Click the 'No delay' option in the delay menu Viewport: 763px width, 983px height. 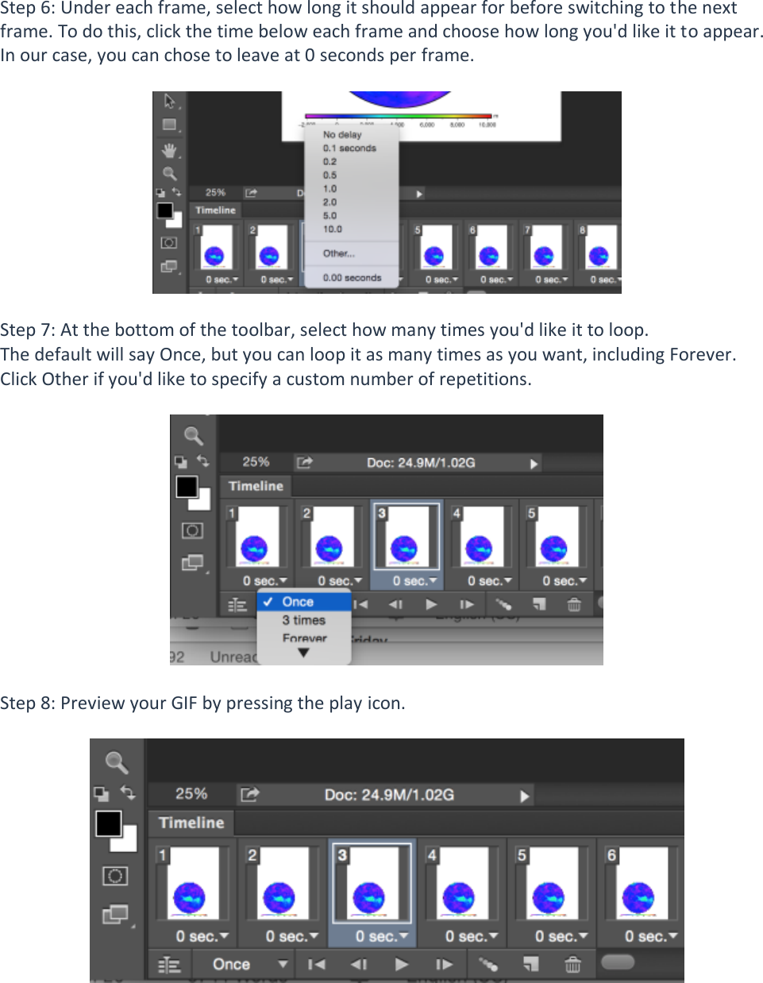coord(342,135)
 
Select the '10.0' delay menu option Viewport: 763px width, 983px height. coord(332,229)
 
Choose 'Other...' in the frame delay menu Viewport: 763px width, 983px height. coord(338,254)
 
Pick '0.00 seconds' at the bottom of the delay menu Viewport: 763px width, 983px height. coord(352,278)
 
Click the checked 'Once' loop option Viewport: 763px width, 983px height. coord(298,602)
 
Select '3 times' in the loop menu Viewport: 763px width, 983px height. coord(303,620)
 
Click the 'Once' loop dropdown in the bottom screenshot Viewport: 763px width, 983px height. coord(248,964)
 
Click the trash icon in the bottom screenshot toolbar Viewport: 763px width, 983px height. coord(572,964)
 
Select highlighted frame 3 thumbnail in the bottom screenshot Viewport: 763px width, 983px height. coord(370,883)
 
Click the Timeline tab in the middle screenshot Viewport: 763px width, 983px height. coord(256,486)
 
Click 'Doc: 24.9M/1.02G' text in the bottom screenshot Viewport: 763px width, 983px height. coord(389,795)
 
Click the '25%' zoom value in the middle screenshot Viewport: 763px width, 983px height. coord(256,462)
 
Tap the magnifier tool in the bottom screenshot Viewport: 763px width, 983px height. coord(117,762)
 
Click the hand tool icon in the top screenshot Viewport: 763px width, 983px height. coord(169,150)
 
